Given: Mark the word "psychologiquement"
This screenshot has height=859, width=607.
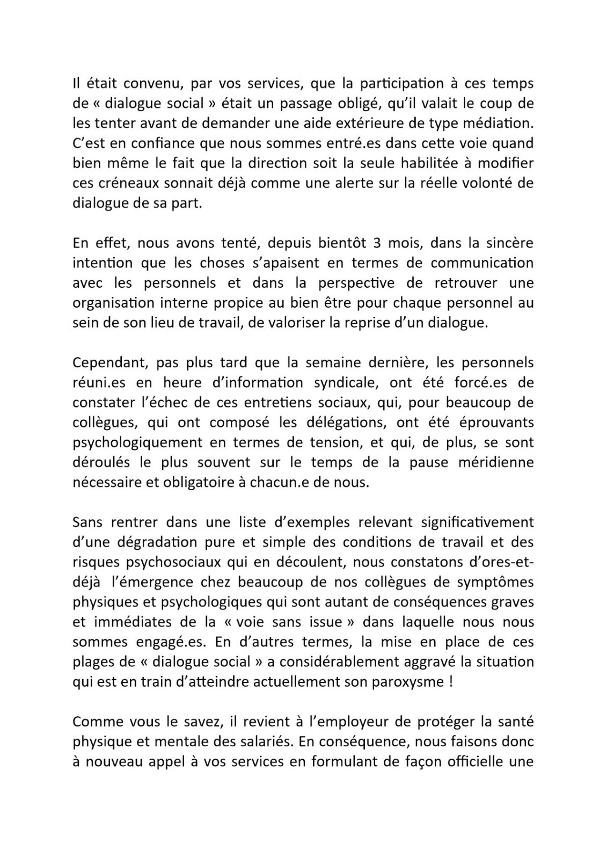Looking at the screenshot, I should point(138,442).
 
